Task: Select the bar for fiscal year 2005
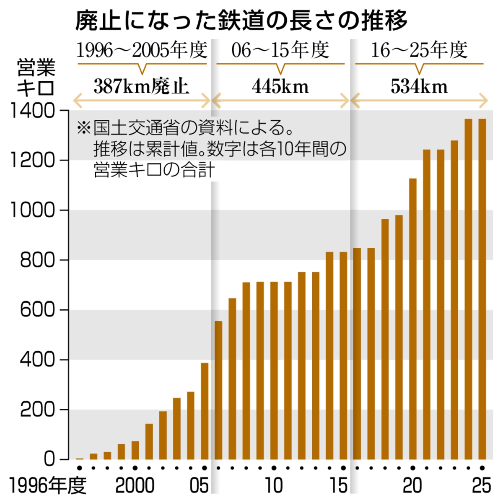205,411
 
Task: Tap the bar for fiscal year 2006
218,390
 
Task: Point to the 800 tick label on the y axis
37,260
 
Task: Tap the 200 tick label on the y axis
37,410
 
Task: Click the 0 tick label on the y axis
49,459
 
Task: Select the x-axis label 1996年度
47,486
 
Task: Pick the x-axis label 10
273,486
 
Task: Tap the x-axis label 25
481,486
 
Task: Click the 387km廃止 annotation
141,87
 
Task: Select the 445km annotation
280,87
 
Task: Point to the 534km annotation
419,87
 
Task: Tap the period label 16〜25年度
419,50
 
